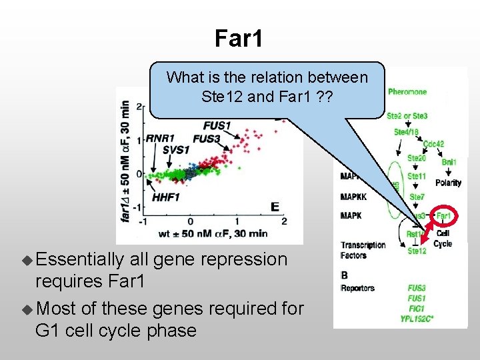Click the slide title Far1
click(x=239, y=39)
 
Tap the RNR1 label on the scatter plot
click(x=160, y=138)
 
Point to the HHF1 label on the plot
click(x=166, y=197)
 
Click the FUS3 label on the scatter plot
click(x=207, y=139)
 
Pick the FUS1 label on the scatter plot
click(x=217, y=125)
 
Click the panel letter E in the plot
click(x=275, y=207)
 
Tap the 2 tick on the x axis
click(x=285, y=221)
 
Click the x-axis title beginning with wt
click(x=214, y=233)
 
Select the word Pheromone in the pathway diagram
click(x=407, y=91)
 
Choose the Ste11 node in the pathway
click(x=417, y=177)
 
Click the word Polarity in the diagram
click(x=448, y=183)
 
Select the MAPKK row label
click(x=353, y=197)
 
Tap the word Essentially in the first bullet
click(x=81, y=259)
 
